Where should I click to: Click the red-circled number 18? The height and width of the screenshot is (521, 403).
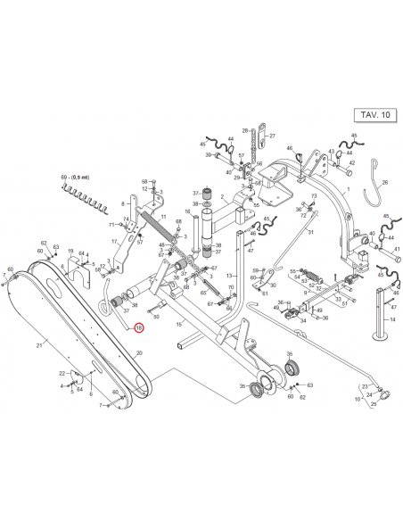click(138, 328)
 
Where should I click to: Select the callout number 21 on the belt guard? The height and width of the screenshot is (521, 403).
click(38, 344)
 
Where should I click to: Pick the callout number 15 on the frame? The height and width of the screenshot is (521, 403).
click(178, 324)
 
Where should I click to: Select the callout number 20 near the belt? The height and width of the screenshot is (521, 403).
click(138, 353)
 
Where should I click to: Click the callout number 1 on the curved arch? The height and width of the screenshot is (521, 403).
click(349, 190)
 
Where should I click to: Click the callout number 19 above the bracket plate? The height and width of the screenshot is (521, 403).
click(70, 252)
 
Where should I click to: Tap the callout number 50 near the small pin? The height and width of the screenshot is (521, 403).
click(156, 316)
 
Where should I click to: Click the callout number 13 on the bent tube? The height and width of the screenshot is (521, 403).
click(229, 276)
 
